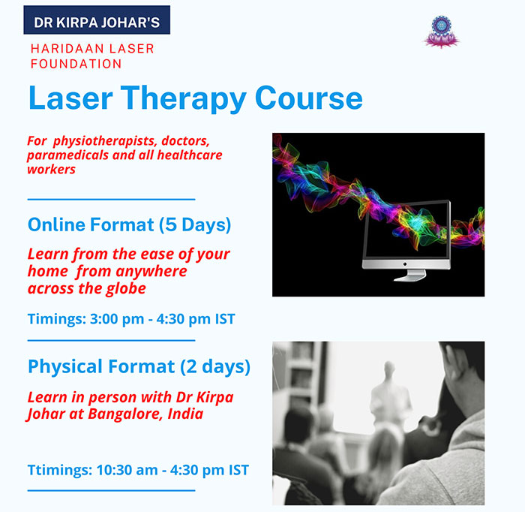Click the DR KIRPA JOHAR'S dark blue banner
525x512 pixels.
97,20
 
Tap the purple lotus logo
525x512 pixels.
441,32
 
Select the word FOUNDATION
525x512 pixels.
76,64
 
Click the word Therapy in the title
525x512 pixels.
184,98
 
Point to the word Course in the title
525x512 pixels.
309,98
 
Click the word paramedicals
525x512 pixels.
67,155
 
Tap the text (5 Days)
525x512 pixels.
195,224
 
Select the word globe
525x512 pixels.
126,289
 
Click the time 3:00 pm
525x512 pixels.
117,319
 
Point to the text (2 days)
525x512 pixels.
215,366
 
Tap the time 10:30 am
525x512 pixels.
127,470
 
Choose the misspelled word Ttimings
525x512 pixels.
60,471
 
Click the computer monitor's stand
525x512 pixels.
410,276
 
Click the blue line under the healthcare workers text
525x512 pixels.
111,200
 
